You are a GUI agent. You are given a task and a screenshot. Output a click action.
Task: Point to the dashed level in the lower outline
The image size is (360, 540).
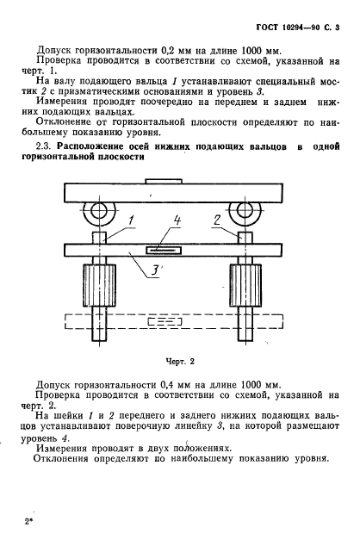[172, 323]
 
